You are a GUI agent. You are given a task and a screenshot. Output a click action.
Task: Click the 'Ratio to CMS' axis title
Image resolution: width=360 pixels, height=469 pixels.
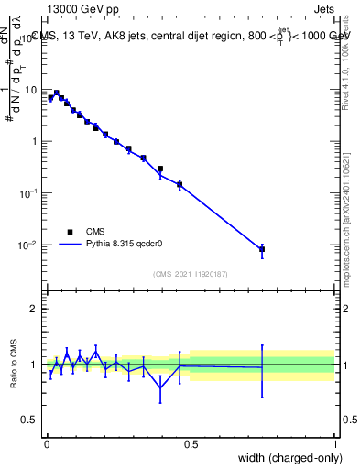(x=15, y=365)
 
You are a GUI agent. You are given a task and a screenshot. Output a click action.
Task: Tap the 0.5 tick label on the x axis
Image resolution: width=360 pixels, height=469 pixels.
(x=191, y=443)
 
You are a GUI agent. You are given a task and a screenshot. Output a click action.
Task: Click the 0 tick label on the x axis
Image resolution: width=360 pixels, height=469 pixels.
(x=46, y=443)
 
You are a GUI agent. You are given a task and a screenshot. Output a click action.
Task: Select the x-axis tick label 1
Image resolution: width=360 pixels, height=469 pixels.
(x=336, y=443)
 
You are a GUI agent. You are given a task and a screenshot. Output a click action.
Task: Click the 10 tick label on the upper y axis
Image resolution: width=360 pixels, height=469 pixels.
(x=32, y=90)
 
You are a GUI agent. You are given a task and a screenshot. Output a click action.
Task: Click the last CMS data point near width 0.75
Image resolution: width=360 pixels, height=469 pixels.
(x=262, y=249)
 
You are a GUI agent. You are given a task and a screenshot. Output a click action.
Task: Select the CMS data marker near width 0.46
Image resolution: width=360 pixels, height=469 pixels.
(x=180, y=184)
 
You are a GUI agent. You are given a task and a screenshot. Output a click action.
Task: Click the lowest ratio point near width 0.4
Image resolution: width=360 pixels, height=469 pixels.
(x=160, y=388)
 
